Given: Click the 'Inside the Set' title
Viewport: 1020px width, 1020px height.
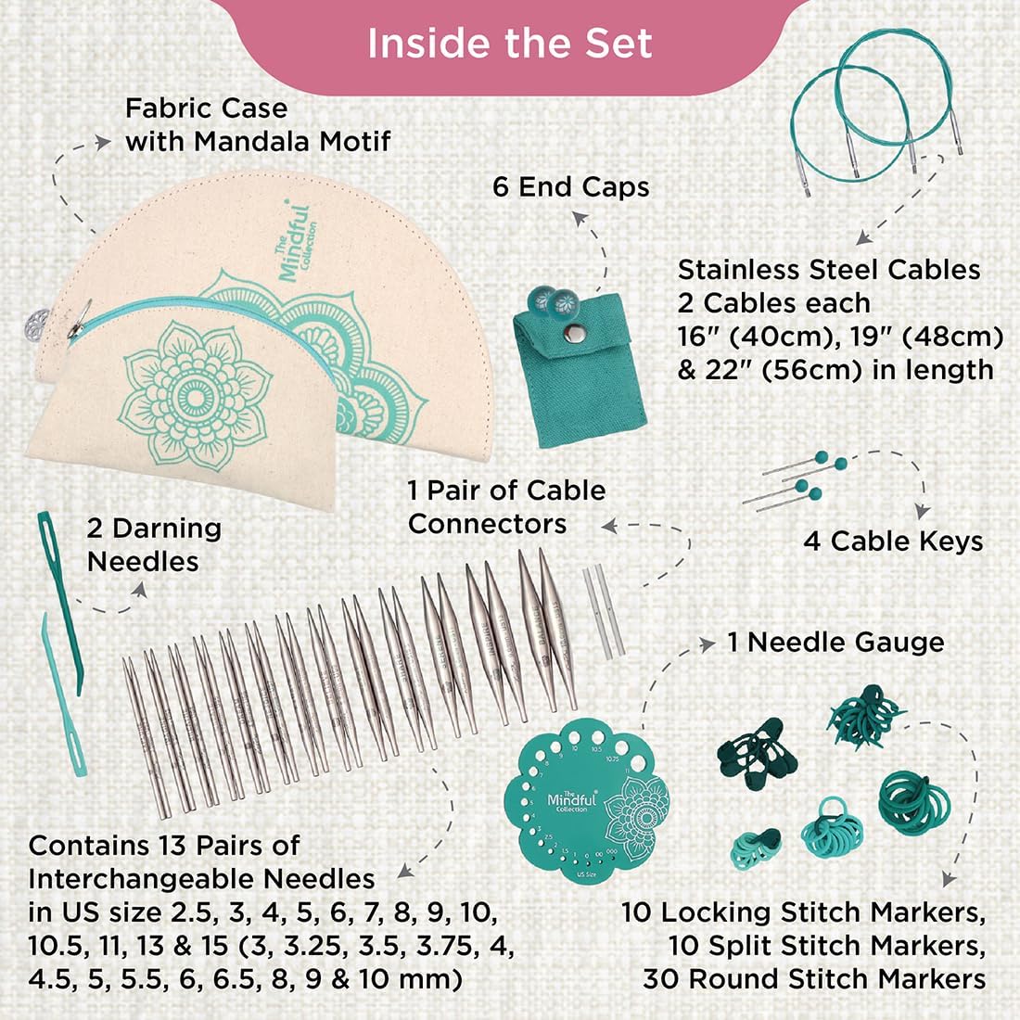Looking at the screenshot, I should point(510,44).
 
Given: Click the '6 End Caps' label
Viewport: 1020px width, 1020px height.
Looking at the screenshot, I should point(570,187).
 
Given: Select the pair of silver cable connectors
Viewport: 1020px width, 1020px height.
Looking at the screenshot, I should point(598,613).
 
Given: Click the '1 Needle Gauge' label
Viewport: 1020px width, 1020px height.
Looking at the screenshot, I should point(835,642).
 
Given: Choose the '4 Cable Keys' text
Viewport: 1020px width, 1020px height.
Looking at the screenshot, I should point(893,542).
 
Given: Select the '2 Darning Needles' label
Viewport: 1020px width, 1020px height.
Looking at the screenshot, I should point(153,545).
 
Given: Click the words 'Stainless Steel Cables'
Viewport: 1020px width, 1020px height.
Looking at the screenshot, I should point(828,270).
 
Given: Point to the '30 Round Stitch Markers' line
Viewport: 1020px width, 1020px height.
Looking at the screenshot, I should point(813,979).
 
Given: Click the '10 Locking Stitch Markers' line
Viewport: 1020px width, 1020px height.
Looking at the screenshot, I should point(803,912).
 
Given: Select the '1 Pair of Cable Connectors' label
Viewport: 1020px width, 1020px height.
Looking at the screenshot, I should point(505,507).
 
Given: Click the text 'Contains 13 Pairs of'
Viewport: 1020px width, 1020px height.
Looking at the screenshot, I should point(164,846).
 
